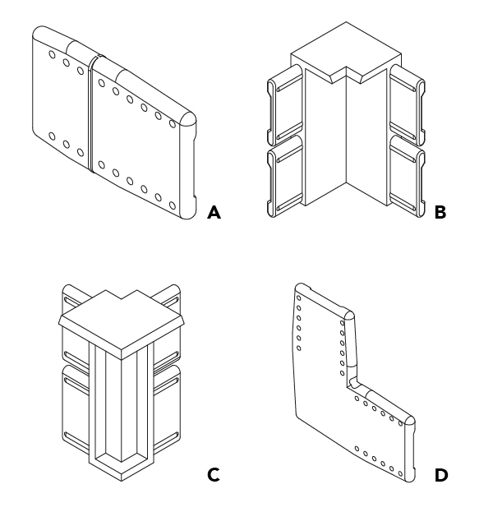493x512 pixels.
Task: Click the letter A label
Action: coord(214,212)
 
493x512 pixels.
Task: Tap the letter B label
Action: coord(440,212)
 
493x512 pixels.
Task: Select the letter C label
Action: coord(214,475)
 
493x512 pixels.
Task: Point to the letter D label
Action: coord(441,475)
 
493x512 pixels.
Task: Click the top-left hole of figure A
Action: coord(53,54)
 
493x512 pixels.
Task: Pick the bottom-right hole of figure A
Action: coord(173,205)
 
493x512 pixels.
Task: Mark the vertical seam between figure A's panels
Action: coord(90,114)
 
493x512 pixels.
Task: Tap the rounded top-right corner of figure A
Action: coord(188,119)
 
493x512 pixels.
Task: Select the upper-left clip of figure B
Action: coord(285,104)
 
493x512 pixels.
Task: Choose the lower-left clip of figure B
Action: coord(285,177)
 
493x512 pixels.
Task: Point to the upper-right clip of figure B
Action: coord(407,104)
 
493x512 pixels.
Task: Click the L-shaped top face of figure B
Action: coord(346,53)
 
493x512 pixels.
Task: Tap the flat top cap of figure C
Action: coord(122,323)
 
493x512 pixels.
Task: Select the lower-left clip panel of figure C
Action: coord(76,408)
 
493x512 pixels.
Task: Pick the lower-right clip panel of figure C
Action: coord(167,408)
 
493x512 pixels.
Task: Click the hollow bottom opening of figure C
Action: coord(122,457)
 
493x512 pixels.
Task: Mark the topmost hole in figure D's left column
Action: coord(299,298)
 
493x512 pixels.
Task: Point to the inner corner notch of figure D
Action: coord(352,383)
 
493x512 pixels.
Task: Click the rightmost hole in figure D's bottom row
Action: coord(401,473)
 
